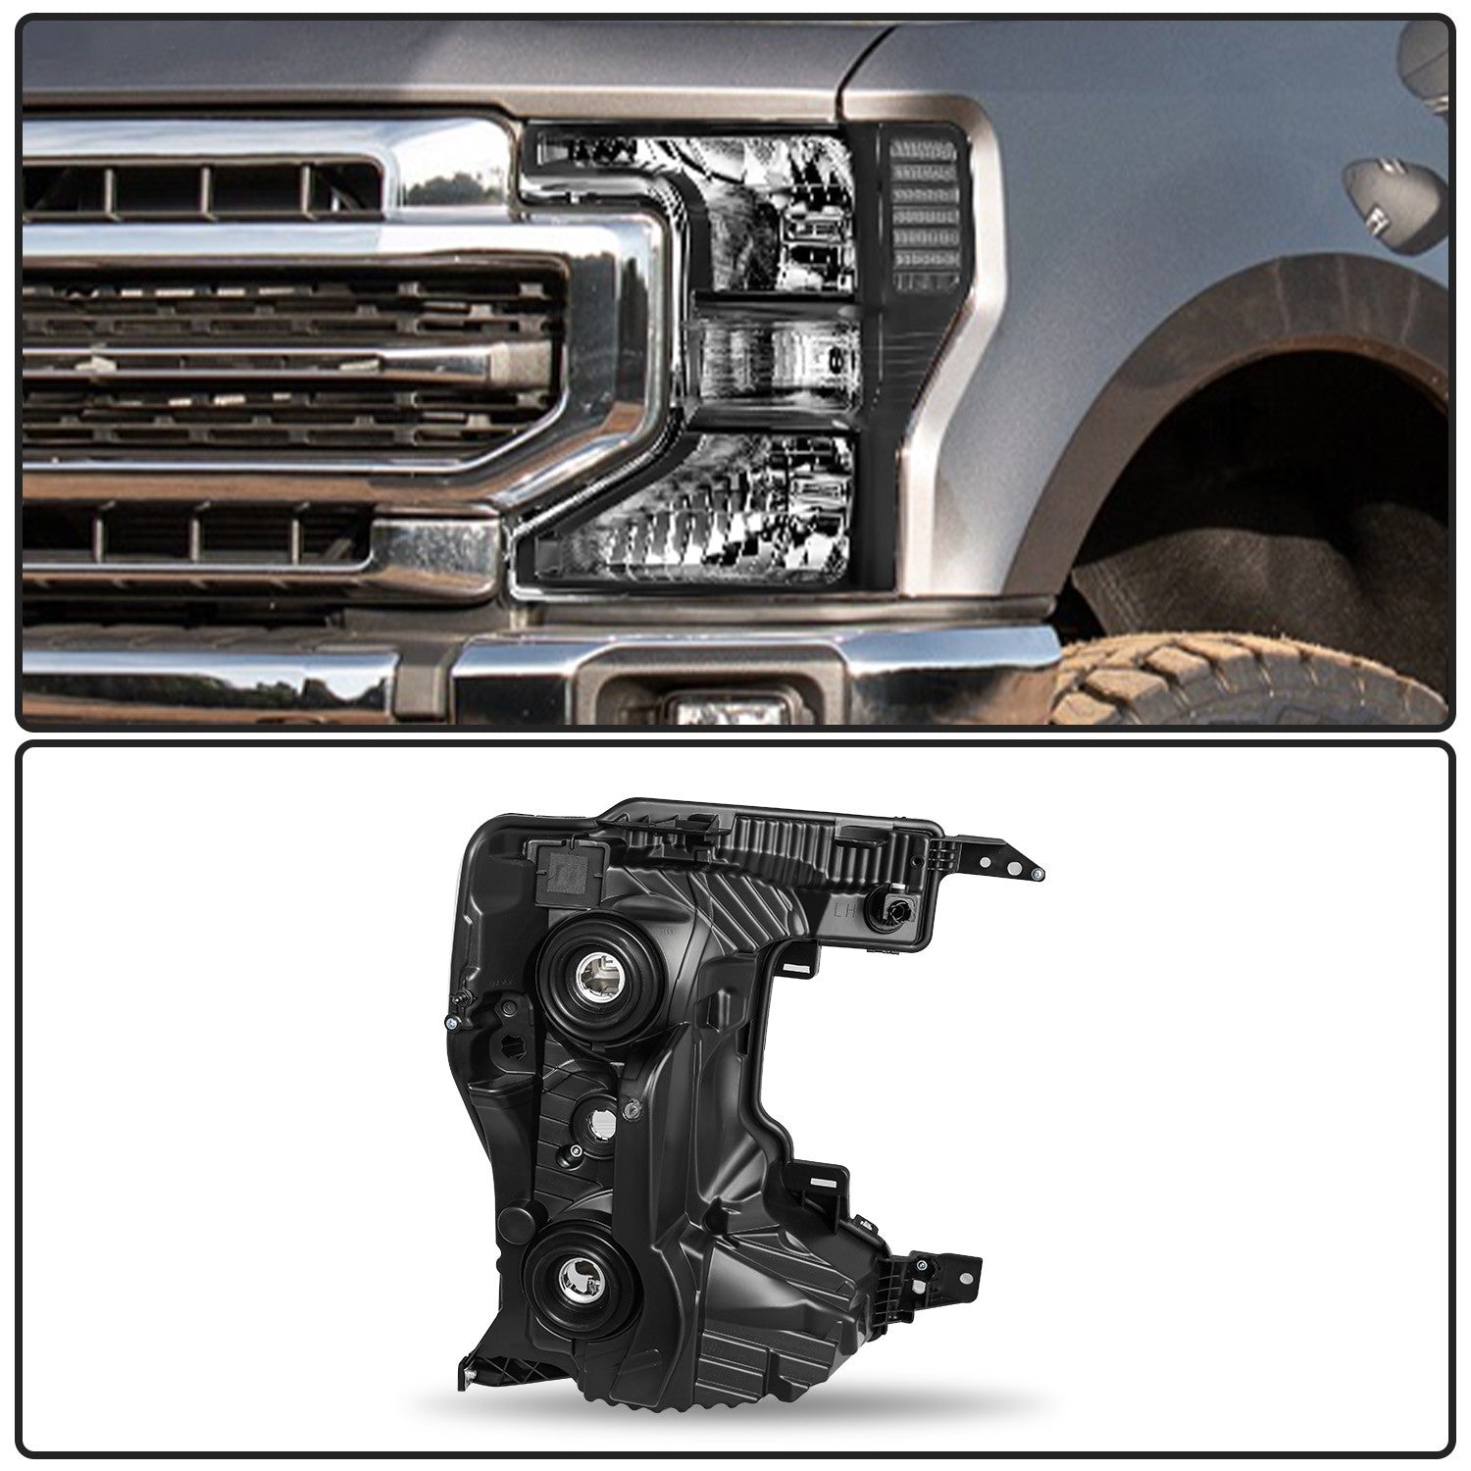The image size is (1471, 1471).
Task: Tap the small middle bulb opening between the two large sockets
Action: (592, 1122)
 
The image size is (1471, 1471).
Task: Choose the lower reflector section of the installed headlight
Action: (716, 510)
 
